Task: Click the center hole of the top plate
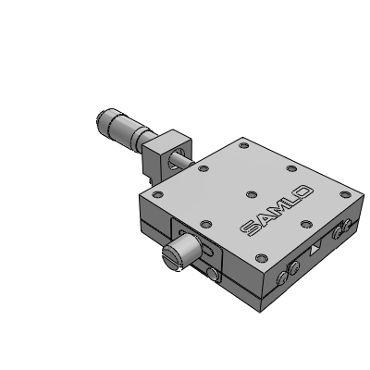(x=252, y=194)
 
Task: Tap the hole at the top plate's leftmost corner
(x=158, y=194)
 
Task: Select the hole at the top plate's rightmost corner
(x=345, y=194)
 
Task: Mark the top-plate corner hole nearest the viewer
(x=261, y=257)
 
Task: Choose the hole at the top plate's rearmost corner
(x=244, y=145)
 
